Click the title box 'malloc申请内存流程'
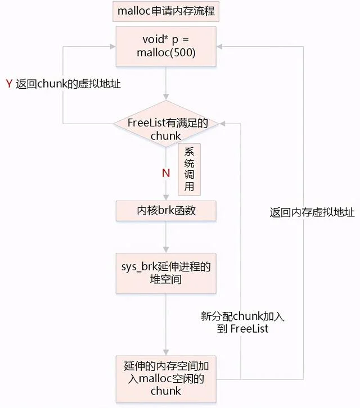coord(165,11)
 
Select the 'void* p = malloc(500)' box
coord(165,46)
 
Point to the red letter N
coord(166,173)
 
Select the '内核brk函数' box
coord(165,211)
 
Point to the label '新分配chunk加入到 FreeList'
coord(242,323)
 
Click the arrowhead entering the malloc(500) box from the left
coord(114,46)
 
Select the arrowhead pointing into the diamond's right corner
coord(221,124)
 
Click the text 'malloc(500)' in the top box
coord(165,53)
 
